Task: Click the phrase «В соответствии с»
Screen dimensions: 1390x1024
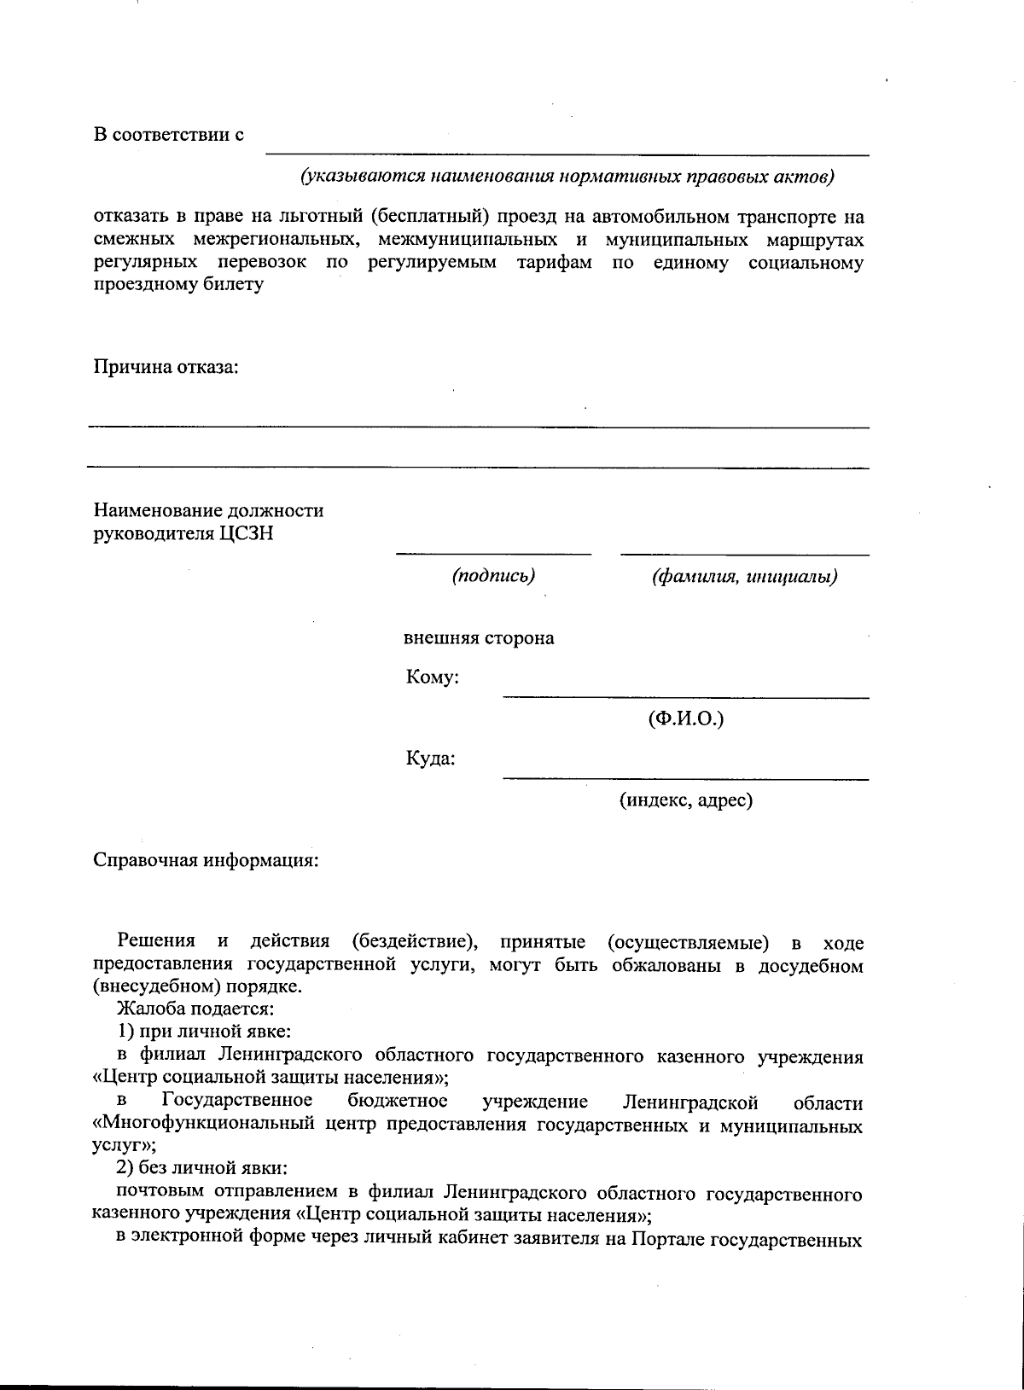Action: [169, 135]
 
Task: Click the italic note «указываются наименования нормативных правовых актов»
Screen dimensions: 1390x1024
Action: [566, 177]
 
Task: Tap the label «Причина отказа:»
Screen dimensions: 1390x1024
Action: [166, 368]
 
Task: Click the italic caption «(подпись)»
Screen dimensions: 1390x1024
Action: [493, 576]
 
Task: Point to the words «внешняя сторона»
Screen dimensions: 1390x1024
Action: [479, 638]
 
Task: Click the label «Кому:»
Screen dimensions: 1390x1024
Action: [433, 678]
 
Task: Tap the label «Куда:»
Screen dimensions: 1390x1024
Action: [430, 759]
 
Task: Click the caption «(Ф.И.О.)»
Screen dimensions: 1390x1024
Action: [685, 718]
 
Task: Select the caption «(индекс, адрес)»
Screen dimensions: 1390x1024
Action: [685, 800]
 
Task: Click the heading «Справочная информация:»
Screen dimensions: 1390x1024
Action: [206, 859]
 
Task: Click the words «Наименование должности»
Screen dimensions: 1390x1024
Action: [208, 511]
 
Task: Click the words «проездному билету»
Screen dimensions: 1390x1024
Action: [177, 285]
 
